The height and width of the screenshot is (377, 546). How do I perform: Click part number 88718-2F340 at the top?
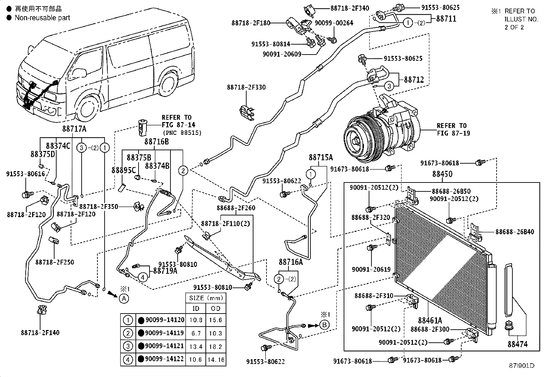pos(349,8)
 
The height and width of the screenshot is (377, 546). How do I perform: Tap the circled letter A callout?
pos(124,298)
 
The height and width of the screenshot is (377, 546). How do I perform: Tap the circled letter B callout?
pos(324,325)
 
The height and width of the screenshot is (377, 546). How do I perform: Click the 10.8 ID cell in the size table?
pos(196,320)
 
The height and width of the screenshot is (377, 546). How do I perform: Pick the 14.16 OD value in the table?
pos(216,360)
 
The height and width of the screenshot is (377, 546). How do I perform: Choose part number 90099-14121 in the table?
pos(164,346)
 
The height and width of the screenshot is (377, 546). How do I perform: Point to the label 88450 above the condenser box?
pos(442,174)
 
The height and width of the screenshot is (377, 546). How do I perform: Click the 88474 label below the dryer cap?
pos(518,344)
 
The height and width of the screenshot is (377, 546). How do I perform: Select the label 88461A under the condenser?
pos(430,320)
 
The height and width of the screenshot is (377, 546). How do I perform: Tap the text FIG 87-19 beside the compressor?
pos(453,133)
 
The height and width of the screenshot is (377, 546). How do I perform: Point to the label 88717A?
pos(74,129)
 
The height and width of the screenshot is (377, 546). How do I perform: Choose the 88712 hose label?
pos(414,80)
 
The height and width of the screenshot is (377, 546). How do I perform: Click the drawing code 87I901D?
pos(521,366)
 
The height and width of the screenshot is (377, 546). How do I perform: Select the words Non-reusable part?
pos(43,18)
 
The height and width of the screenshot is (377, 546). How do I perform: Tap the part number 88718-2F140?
pos(40,332)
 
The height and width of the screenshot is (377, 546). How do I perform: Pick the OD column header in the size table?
pos(216,308)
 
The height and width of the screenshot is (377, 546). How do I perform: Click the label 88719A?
pos(165,271)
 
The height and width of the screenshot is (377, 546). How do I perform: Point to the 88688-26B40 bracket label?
pos(515,232)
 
